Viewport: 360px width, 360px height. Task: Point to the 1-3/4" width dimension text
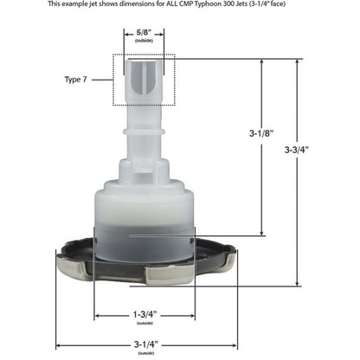coord(143,314)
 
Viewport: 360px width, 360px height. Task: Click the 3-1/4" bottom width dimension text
coord(143,344)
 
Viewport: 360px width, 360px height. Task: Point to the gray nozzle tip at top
coord(143,78)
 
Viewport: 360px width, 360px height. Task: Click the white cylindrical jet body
coord(143,216)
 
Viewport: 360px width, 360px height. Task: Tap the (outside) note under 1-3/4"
coord(143,323)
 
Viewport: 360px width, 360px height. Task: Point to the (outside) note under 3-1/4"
coord(143,352)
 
